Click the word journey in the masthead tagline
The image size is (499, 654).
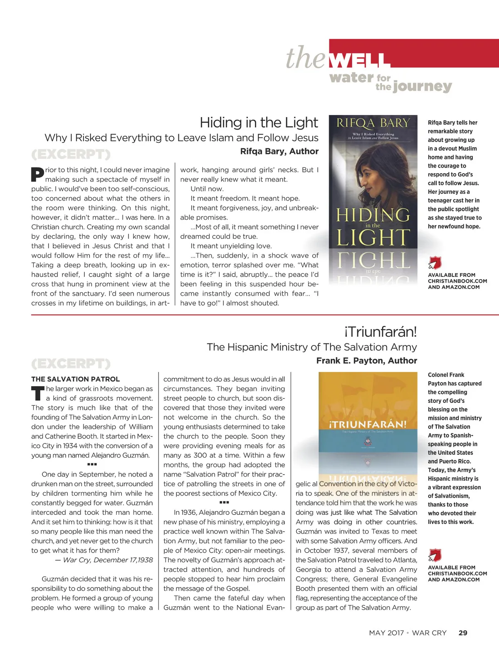coord(422,86)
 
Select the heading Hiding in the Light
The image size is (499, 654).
coord(259,122)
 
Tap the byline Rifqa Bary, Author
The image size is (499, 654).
coord(279,151)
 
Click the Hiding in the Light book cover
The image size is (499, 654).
coord(373,183)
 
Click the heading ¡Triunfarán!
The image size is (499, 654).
coord(380,332)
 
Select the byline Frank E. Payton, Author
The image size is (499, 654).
coord(366,360)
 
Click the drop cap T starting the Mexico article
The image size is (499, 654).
coord(37,393)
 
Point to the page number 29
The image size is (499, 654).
coord(462,633)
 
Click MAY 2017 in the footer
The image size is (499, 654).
coord(386,633)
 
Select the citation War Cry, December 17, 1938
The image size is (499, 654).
coord(108,560)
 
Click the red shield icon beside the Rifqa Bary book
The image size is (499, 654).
coord(435,263)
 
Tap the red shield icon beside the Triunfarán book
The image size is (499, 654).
coord(435,555)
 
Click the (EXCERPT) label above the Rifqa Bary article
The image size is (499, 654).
coord(71,154)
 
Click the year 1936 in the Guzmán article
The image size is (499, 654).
coord(189,512)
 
